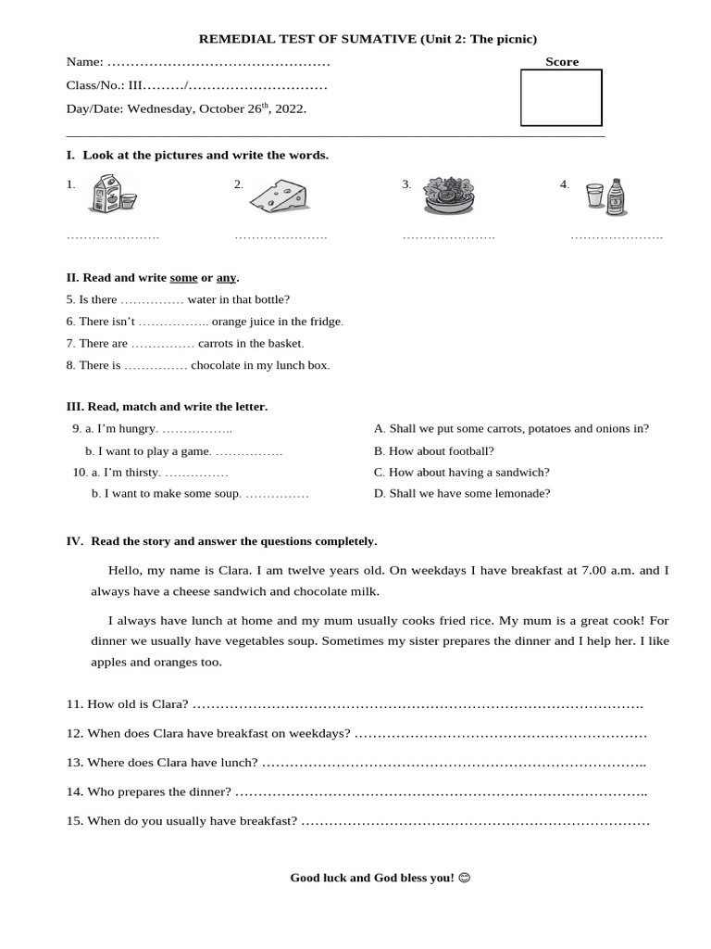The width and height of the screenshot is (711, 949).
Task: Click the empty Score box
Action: coord(561,97)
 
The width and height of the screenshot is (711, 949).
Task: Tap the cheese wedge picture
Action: coord(279,195)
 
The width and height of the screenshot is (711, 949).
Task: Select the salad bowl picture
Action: coord(448,196)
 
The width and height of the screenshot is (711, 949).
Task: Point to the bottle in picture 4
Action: coord(616,197)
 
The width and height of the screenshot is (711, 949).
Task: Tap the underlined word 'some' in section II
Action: coord(183,277)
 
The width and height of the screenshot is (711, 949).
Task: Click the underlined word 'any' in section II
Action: coord(226,277)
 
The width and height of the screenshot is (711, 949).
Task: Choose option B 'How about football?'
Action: coord(433,450)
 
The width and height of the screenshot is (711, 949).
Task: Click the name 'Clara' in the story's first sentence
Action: coord(234,570)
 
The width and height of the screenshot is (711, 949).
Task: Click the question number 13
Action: coord(75,763)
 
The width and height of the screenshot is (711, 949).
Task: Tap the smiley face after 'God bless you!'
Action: coord(464,878)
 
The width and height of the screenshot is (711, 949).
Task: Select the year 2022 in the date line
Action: coord(289,109)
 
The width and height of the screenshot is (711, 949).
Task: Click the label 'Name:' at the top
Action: coord(84,62)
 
